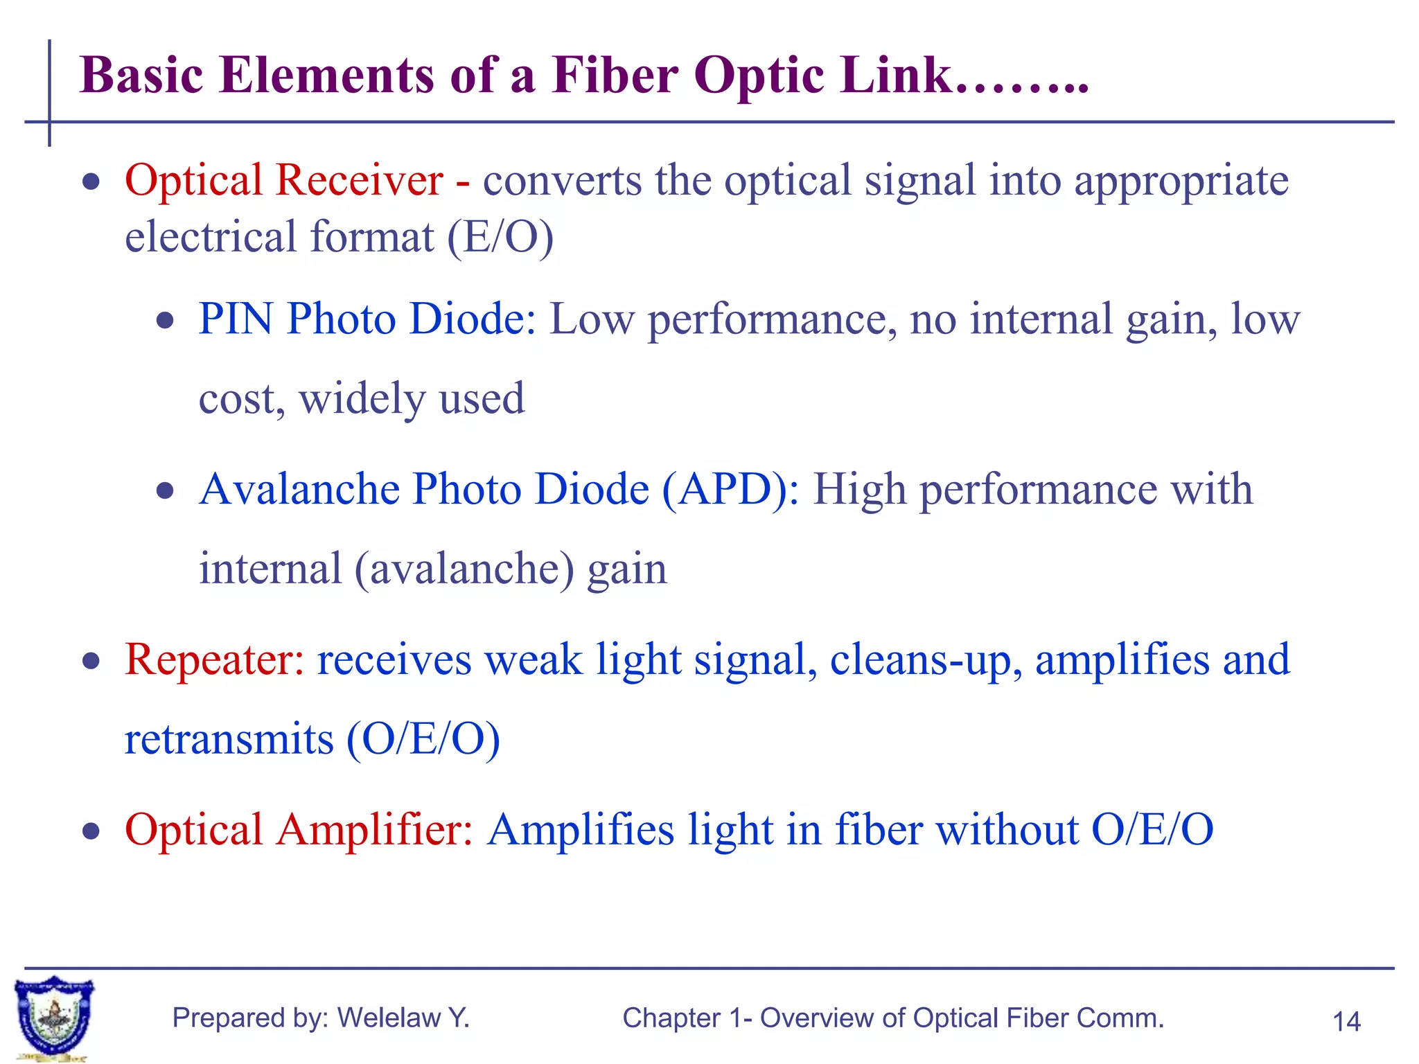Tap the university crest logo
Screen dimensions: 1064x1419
coord(54,1017)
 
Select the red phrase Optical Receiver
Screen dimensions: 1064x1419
coord(284,180)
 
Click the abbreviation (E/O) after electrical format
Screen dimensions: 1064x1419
coord(500,237)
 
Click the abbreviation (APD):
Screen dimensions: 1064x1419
coord(730,489)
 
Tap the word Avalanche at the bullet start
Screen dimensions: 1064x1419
coord(299,489)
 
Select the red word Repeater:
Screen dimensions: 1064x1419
coord(214,659)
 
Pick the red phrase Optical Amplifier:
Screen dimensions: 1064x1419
coord(299,829)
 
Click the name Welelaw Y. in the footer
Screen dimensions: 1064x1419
coord(403,1018)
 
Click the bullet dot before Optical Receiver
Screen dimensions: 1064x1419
coord(91,182)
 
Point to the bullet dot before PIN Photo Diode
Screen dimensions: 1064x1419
coord(165,321)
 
